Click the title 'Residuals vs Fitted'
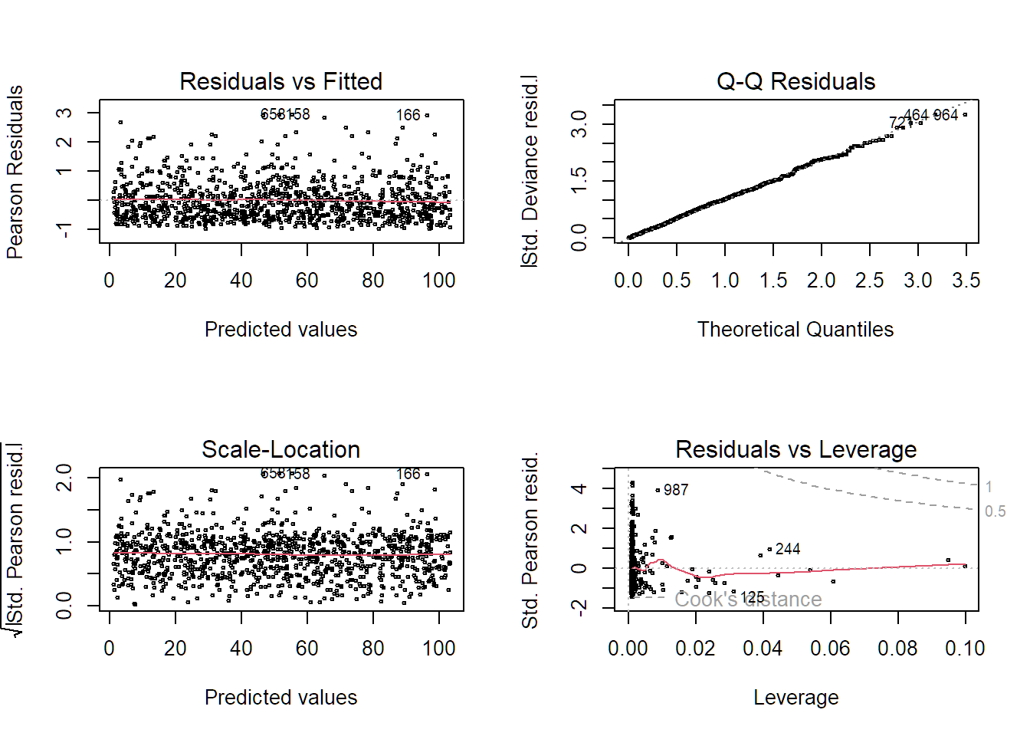pyautogui.click(x=280, y=81)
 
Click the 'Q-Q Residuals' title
pyautogui.click(x=795, y=81)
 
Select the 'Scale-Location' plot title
pyautogui.click(x=280, y=449)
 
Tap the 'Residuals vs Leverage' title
pyautogui.click(x=795, y=449)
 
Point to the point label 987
pyautogui.click(x=676, y=490)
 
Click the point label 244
pyautogui.click(x=788, y=549)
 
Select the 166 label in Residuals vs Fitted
pyautogui.click(x=408, y=115)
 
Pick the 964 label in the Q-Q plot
pyautogui.click(x=946, y=115)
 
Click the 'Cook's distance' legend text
pyautogui.click(x=748, y=600)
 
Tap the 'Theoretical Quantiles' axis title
pyautogui.click(x=795, y=330)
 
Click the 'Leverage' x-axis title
pyautogui.click(x=795, y=698)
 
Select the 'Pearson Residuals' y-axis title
pyautogui.click(x=15, y=172)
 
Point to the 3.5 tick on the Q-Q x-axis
pyautogui.click(x=966, y=281)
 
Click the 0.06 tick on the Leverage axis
pyautogui.click(x=830, y=649)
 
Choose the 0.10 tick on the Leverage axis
pyautogui.click(x=965, y=649)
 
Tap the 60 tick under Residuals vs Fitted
pyautogui.click(x=307, y=281)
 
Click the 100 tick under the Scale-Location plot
pyautogui.click(x=439, y=649)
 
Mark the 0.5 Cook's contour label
pyautogui.click(x=995, y=511)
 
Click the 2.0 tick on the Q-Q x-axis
pyautogui.click(x=821, y=281)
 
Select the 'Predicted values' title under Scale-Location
pyautogui.click(x=280, y=698)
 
